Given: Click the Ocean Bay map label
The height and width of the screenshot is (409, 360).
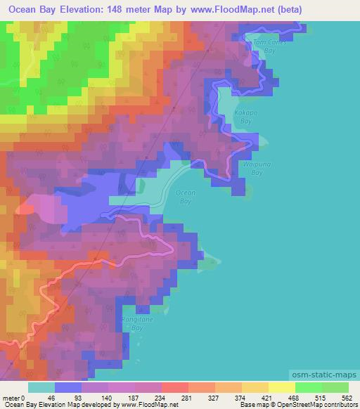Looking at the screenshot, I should tap(185, 197).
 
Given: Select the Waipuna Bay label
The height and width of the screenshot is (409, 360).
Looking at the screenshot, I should tap(252, 168).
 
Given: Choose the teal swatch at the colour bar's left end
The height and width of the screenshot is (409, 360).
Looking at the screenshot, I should tap(41, 388).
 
